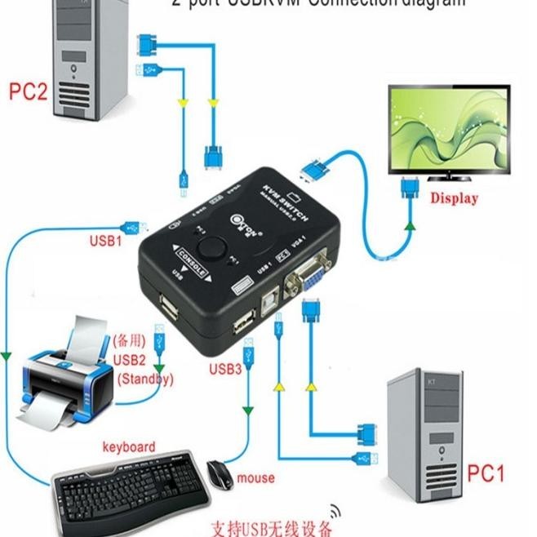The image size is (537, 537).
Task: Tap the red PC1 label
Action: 486,473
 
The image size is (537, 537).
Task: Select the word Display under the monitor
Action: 454,197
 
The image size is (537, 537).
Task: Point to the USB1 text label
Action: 105,242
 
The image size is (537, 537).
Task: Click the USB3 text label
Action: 225,369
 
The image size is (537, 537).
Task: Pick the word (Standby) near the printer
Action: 145,379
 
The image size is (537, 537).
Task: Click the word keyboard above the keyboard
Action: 128,446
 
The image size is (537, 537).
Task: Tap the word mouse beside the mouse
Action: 255,477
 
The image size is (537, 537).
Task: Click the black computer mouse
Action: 219,474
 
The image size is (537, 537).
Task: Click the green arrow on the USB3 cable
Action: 246,406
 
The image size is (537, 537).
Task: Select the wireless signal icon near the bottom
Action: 335,513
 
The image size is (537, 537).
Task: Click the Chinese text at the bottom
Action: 271,526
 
